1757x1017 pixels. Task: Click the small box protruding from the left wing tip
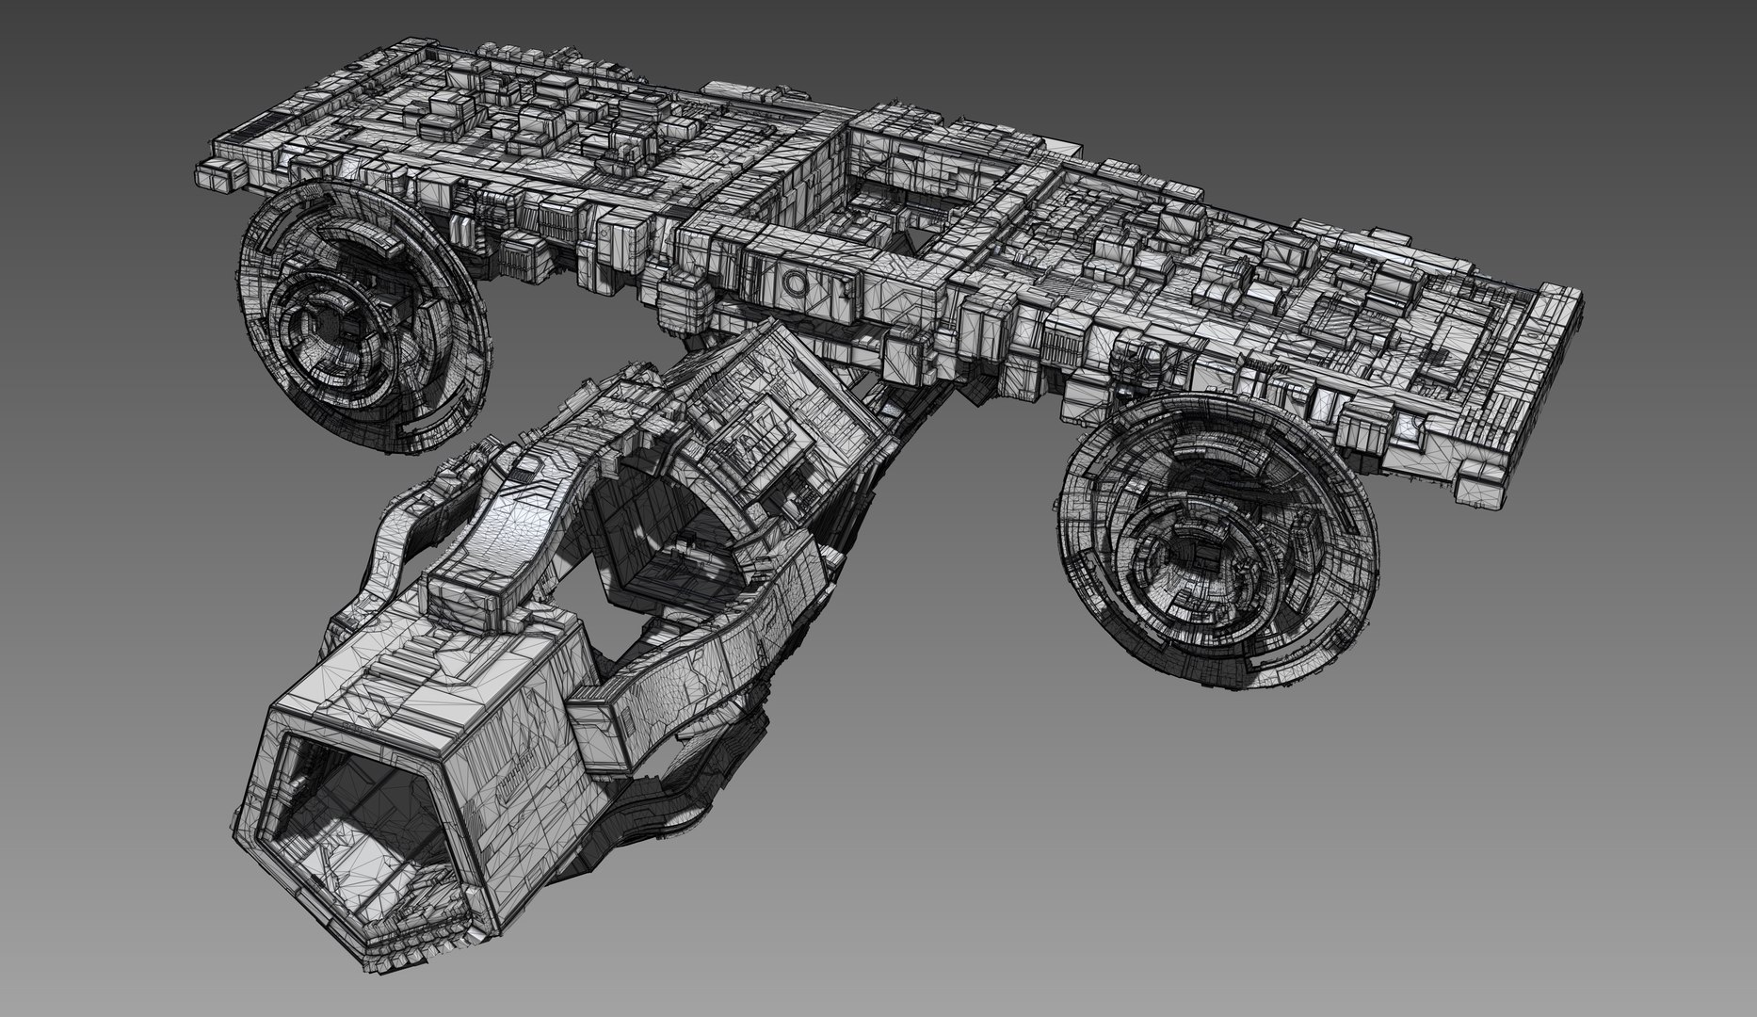tap(215, 176)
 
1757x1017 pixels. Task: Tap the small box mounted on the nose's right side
tap(603, 730)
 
